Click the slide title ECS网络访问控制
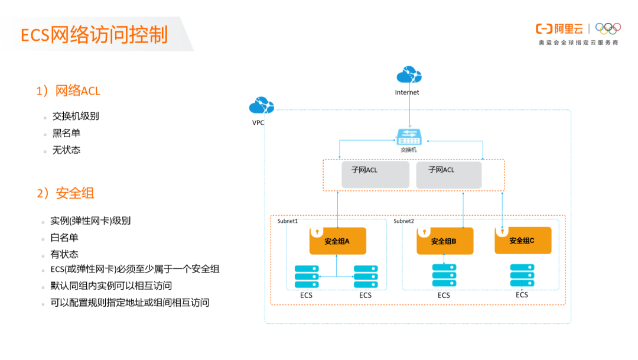[95, 35]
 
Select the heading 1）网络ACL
[69, 91]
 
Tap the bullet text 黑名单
[66, 133]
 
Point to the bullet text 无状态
[66, 150]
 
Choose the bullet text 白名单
[64, 238]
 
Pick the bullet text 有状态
[64, 255]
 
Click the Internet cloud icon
[408, 76]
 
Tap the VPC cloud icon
[261, 106]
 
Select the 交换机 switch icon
[409, 137]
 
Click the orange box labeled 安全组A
[337, 241]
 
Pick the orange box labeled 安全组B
[444, 241]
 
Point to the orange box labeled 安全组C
[522, 241]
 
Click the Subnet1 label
[288, 221]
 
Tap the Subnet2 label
[404, 221]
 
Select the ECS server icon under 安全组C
[522, 275]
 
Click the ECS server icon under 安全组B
[444, 275]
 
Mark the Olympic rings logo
[608, 28]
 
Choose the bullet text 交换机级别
[76, 116]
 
